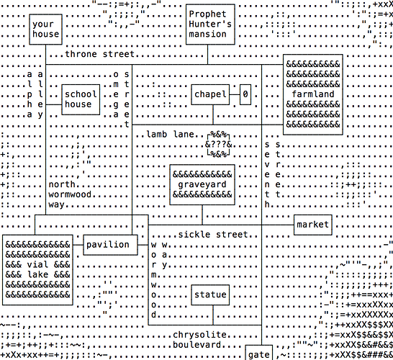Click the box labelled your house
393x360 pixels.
[x=45, y=30]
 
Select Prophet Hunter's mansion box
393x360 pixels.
[x=210, y=24]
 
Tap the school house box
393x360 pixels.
[x=81, y=99]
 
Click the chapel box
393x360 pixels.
[x=210, y=94]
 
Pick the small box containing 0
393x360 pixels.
[x=245, y=94]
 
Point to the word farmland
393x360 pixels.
[x=313, y=94]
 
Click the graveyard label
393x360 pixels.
[x=202, y=185]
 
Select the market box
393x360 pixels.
[x=313, y=225]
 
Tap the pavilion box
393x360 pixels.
[x=110, y=245]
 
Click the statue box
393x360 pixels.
[x=210, y=294]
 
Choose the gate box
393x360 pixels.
[x=259, y=353]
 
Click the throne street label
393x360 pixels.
[x=100, y=54]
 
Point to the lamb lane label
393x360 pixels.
[x=170, y=135]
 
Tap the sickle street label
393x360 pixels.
[x=213, y=235]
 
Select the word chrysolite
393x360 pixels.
[x=200, y=335]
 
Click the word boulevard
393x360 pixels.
[x=197, y=345]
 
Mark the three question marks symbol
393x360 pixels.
[x=219, y=145]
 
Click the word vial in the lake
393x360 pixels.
[x=37, y=265]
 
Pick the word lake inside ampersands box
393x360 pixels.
[x=37, y=275]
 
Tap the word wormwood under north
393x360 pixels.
[x=70, y=195]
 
